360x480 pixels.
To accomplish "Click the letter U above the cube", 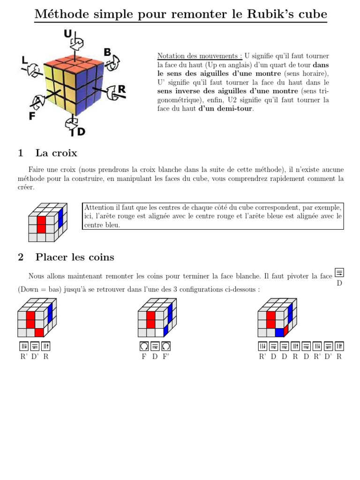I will [68, 33].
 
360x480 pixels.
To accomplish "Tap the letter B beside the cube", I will [107, 52].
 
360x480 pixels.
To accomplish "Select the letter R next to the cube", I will [121, 89].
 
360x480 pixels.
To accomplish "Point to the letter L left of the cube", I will [25, 60].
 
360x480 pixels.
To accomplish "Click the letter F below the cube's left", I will [32, 116].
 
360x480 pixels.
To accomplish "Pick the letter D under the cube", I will [81, 132].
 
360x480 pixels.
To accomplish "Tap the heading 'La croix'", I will [56, 153].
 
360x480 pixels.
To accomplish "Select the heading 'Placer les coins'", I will [75, 257].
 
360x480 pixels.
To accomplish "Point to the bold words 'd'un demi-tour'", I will [225, 109].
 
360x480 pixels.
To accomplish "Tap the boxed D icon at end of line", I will [339, 272].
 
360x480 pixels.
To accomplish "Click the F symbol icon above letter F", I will [144, 346].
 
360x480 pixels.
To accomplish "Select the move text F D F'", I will [155, 357].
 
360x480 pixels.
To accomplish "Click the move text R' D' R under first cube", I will [34, 357].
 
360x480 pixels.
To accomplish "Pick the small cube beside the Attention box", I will [47, 222].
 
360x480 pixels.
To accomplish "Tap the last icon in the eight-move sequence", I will [339, 346].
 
